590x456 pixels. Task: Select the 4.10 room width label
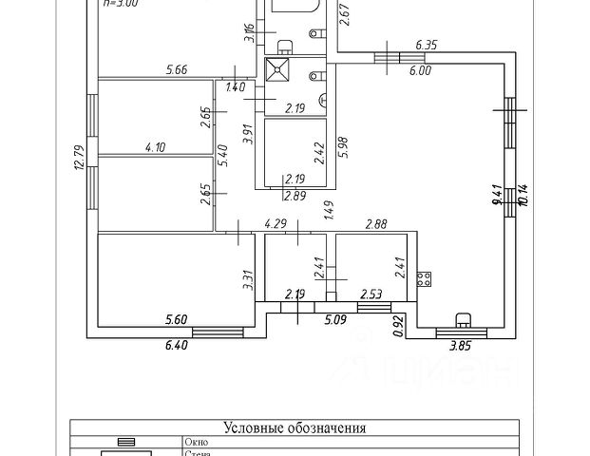[x=157, y=147]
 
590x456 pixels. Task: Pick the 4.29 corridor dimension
[x=276, y=223]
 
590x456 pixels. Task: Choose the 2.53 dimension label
[x=371, y=295]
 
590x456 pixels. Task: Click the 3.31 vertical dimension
[x=247, y=279]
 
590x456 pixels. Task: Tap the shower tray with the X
[x=279, y=69]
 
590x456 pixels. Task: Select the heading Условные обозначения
[x=295, y=428]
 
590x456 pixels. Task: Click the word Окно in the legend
[x=196, y=442]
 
